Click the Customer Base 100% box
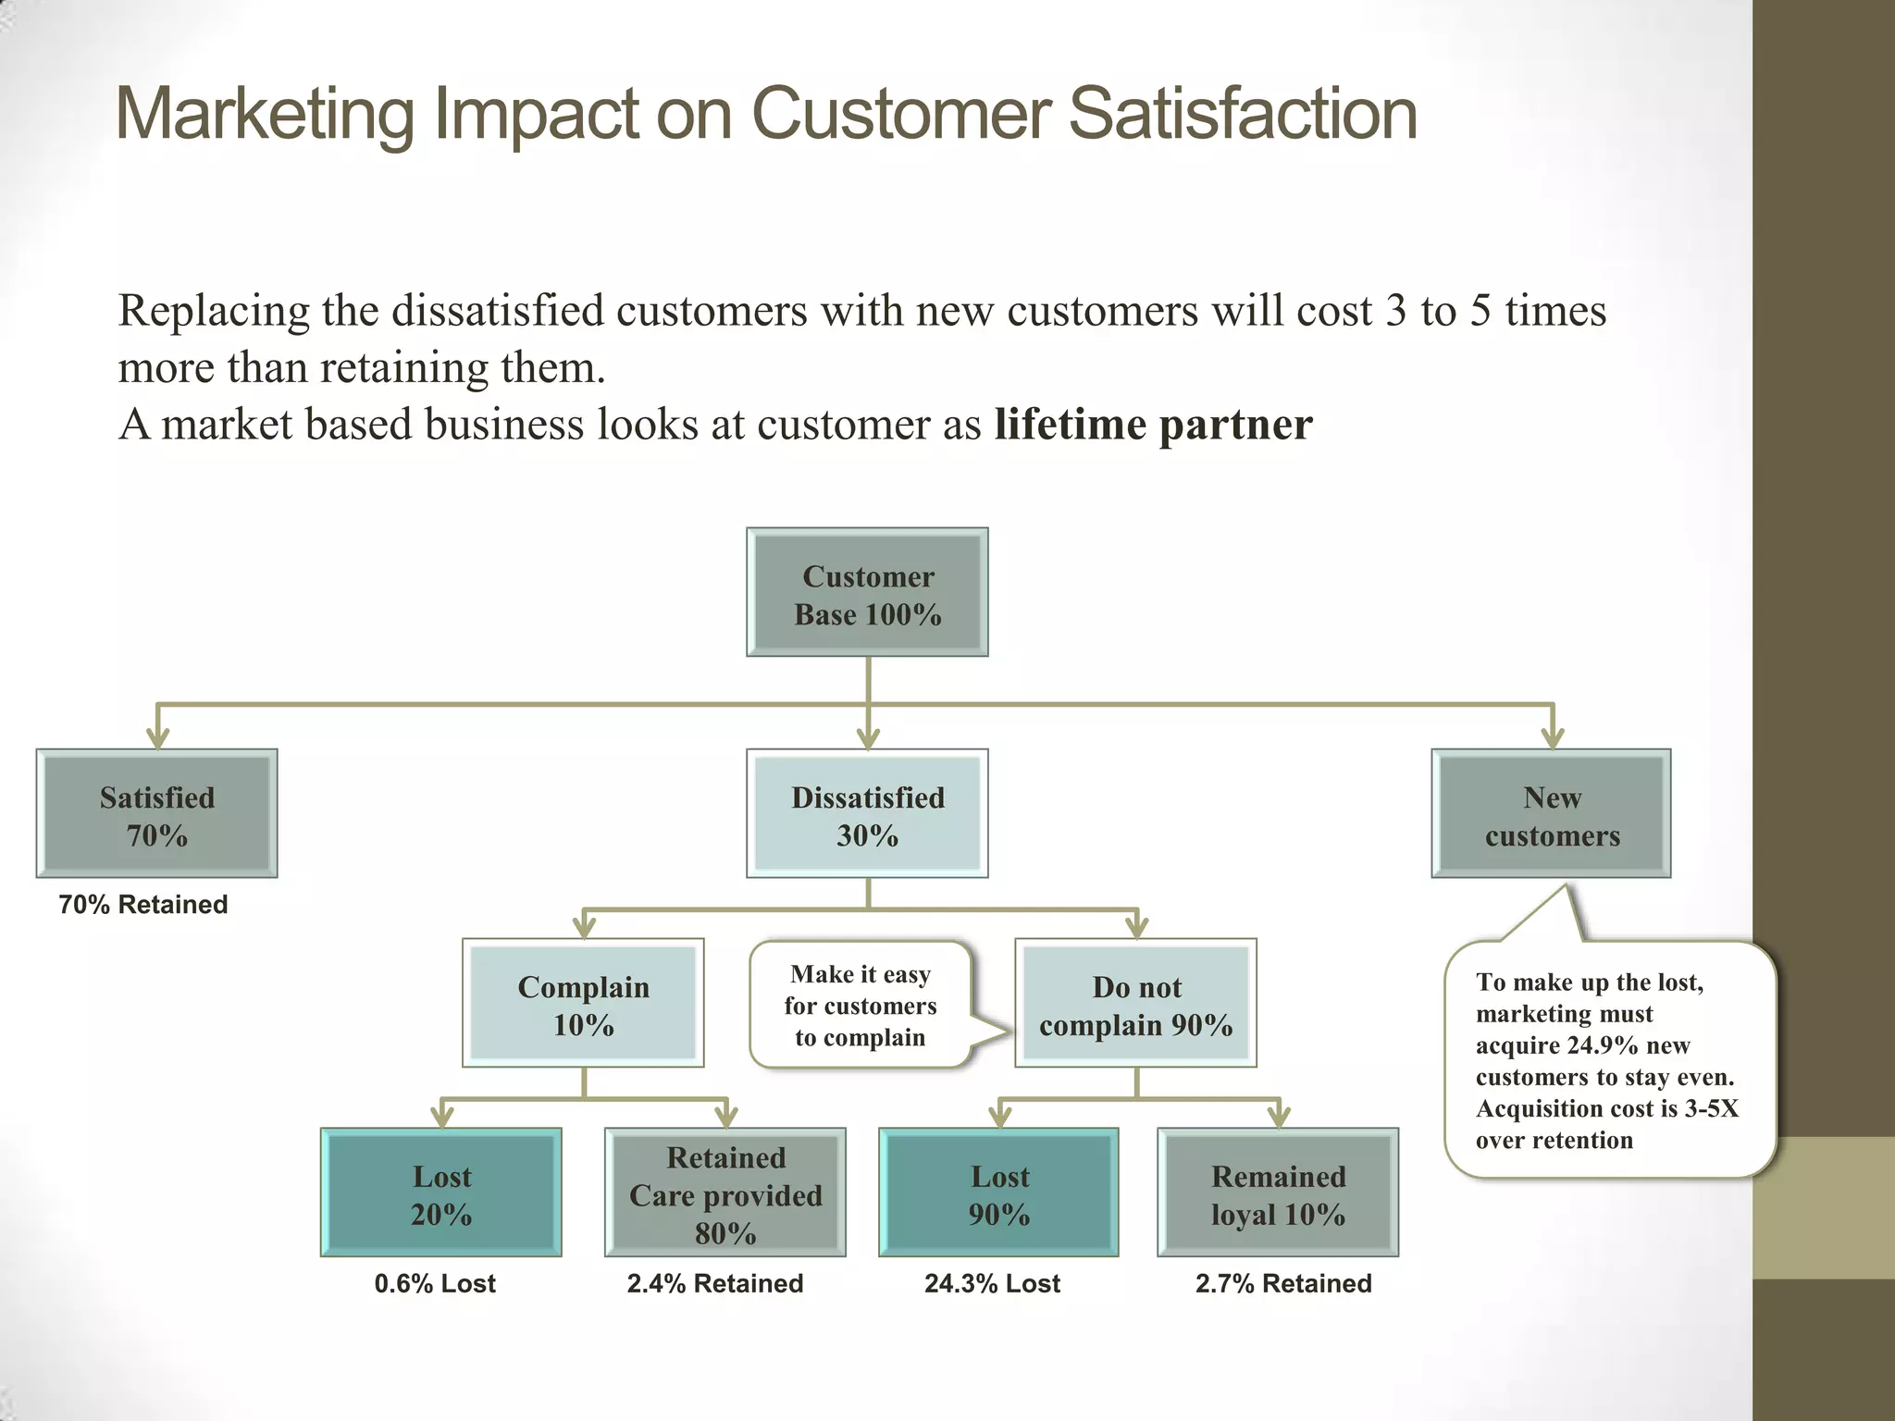[867, 593]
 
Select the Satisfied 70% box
[157, 814]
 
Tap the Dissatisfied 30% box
[867, 814]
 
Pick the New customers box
[1552, 814]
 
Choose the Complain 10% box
[583, 1004]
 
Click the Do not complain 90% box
[1135, 1004]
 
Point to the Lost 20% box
[441, 1193]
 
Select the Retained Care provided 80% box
[725, 1193]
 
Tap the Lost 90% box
[999, 1193]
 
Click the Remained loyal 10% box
[1278, 1193]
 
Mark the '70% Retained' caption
[143, 905]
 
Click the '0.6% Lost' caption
[435, 1284]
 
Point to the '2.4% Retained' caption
[715, 1284]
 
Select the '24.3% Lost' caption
[992, 1284]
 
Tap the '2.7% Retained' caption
[1283, 1284]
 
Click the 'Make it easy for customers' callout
[861, 1006]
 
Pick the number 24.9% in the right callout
[1604, 1046]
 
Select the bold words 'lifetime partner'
[1153, 425]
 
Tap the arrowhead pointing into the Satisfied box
[158, 738]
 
